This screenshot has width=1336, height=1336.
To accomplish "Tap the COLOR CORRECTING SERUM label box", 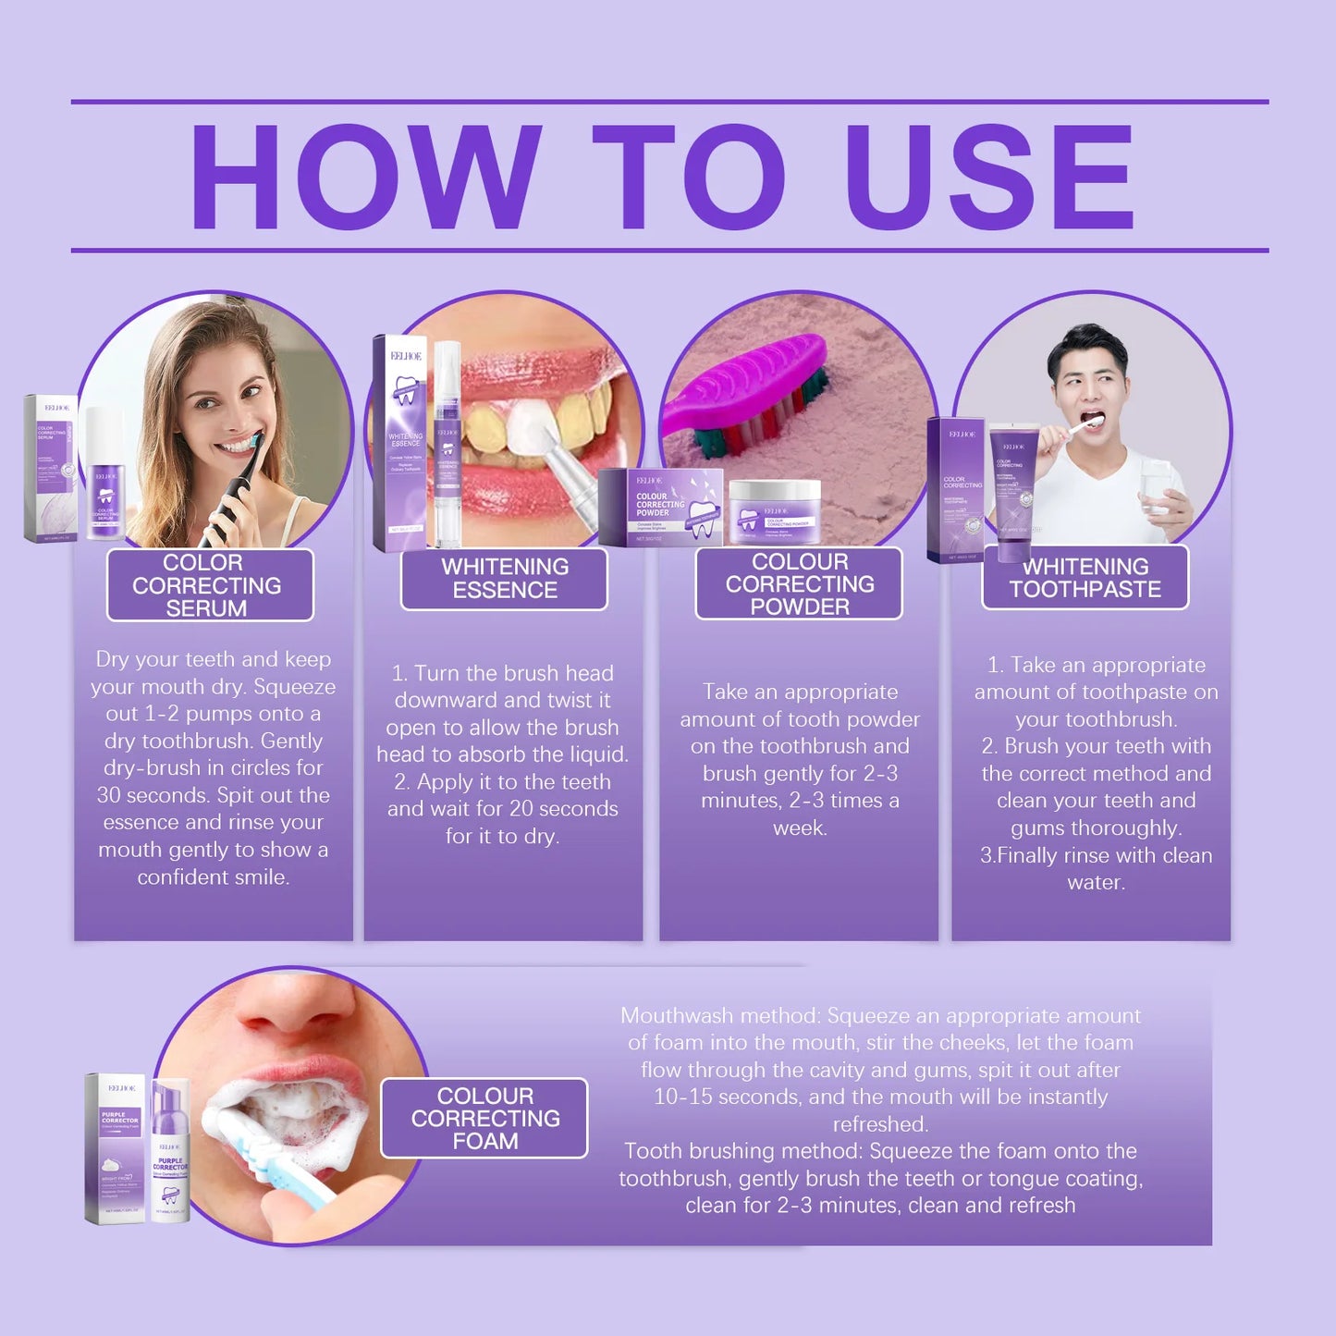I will tap(210, 585).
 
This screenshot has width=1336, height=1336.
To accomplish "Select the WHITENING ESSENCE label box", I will tap(504, 579).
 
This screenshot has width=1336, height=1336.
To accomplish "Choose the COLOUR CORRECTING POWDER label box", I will tap(799, 583).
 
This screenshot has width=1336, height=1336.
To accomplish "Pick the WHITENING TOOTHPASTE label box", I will tap(1085, 578).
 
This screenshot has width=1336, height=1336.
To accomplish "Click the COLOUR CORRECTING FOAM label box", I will tap(484, 1118).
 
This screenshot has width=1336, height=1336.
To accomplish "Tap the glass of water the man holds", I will tap(1155, 486).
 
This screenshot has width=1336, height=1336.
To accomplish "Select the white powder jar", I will tap(774, 510).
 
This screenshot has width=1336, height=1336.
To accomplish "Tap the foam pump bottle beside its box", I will tap(170, 1151).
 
